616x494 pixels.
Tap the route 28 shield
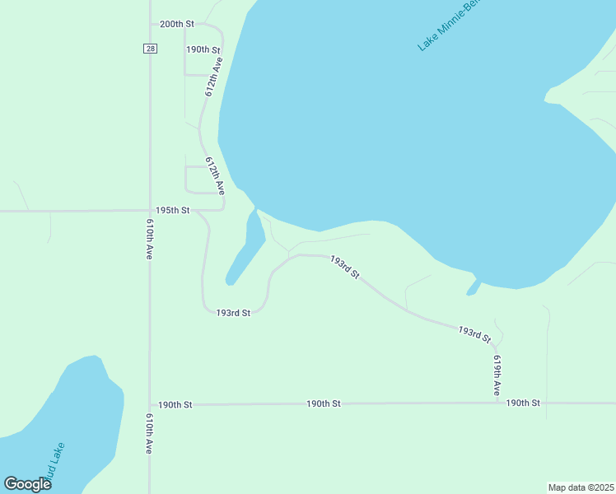(149, 49)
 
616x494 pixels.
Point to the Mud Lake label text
(54, 463)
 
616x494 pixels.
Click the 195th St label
(174, 211)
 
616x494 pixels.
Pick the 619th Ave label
(497, 375)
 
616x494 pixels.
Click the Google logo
(27, 484)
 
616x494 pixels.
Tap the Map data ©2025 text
(581, 487)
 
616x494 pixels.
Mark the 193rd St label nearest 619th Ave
(474, 333)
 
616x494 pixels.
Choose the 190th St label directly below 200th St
(203, 50)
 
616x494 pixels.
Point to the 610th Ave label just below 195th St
(150, 239)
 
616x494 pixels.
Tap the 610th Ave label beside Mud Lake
(150, 434)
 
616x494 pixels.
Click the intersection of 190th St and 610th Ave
(149, 405)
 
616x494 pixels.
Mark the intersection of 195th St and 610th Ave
(149, 211)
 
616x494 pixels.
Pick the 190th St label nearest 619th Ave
(523, 403)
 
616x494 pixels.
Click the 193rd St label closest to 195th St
(233, 313)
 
